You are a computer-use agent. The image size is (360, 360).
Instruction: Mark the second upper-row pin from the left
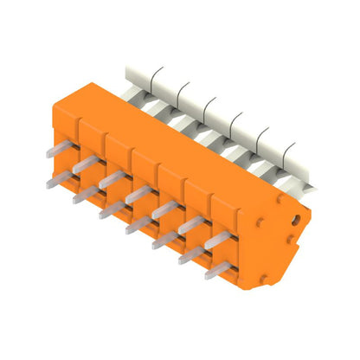point(83,164)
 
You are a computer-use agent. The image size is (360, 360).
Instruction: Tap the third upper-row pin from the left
point(110,179)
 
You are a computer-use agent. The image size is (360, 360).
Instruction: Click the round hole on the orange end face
point(297,220)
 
